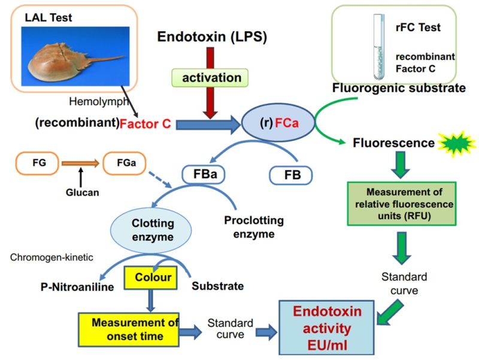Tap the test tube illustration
point(379,47)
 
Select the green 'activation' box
point(210,78)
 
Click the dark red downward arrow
point(210,83)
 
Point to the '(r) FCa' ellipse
point(278,123)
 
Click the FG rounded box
point(39,163)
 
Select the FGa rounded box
point(125,163)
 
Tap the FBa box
point(204,174)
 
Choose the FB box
point(291,176)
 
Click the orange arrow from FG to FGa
point(81,163)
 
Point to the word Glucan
point(83,192)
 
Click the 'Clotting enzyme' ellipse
point(151,231)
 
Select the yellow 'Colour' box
point(151,277)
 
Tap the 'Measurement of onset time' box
point(129,329)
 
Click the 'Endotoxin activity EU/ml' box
point(326,328)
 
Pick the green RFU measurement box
point(402,204)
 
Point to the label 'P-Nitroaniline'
point(77,287)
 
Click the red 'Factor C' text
point(145,123)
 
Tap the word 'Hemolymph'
point(98,101)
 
